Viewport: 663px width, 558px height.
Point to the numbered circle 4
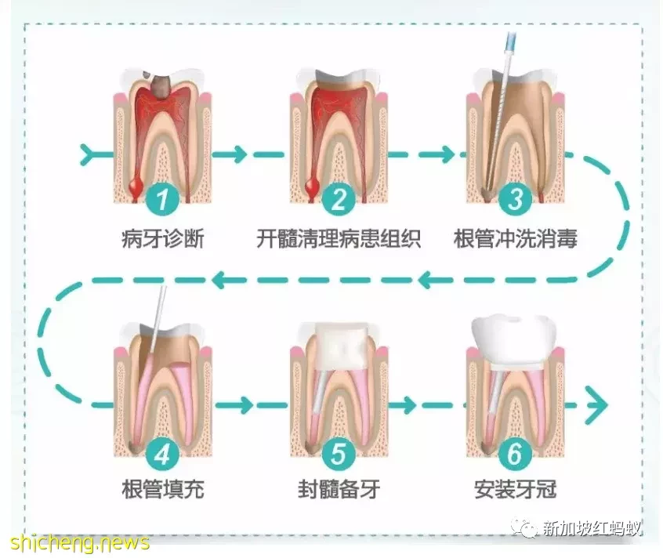[x=163, y=455]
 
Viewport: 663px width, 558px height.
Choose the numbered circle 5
[x=339, y=455]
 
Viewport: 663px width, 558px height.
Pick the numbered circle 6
[x=515, y=455]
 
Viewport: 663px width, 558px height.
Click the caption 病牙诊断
[x=163, y=239]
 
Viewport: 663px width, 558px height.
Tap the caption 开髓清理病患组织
[x=339, y=239]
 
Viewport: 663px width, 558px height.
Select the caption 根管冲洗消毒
[x=516, y=239]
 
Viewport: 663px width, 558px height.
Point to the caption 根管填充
[x=163, y=490]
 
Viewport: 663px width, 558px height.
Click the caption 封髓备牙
[x=339, y=490]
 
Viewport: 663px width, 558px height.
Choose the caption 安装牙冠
[x=515, y=490]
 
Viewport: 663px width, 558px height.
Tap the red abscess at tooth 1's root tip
[x=136, y=186]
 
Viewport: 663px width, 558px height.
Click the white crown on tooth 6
[x=514, y=339]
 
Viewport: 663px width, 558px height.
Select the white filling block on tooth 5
[x=342, y=346]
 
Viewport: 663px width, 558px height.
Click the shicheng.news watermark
[x=80, y=542]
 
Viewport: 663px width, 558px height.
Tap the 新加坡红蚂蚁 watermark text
[x=592, y=528]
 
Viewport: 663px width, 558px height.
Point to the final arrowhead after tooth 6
[x=598, y=405]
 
